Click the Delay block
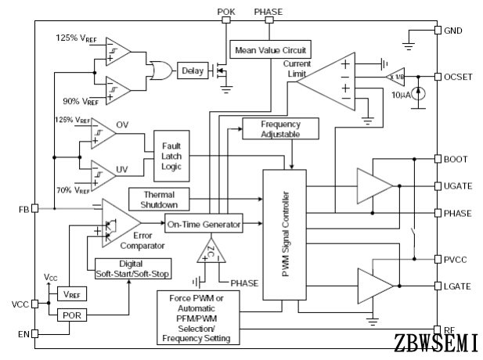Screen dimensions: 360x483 (x=192, y=71)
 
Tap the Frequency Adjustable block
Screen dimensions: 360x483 (x=280, y=129)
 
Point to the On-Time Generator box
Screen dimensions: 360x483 (x=204, y=225)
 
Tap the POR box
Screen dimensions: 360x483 (x=71, y=314)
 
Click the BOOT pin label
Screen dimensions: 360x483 (x=456, y=159)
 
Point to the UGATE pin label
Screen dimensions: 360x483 (x=458, y=186)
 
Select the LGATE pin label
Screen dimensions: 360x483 (x=458, y=286)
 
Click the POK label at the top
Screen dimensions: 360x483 (x=225, y=11)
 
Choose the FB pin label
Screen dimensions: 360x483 (x=23, y=210)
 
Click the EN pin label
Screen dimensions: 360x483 (x=23, y=334)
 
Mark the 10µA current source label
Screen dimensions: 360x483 (x=400, y=95)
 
